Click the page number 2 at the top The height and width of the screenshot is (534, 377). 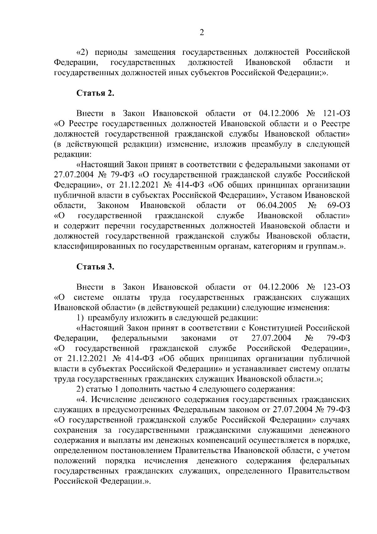[x=202, y=32]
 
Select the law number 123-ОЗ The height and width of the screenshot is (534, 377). [x=336, y=287]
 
